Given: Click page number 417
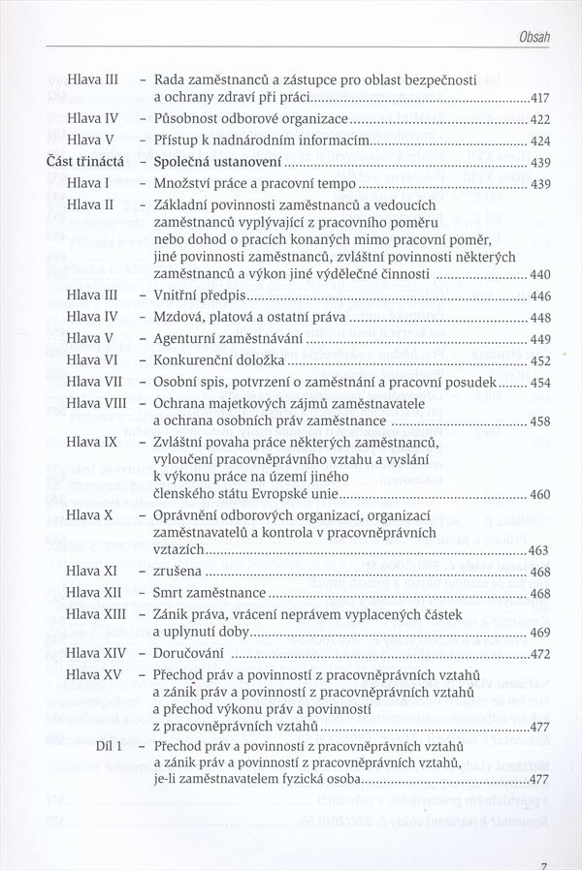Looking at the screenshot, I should tap(540, 99).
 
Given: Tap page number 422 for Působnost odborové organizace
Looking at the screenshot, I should tap(540, 120).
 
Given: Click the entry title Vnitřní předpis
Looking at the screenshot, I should tap(201, 295).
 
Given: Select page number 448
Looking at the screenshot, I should tap(540, 318).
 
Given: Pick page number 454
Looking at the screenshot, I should tap(540, 382).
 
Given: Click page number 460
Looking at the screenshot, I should tap(540, 495).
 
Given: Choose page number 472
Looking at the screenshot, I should tap(540, 655).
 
